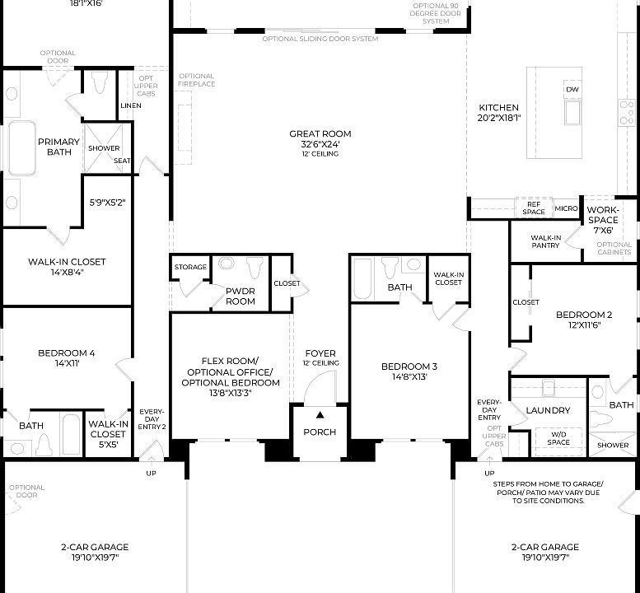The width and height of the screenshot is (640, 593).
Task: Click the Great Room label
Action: tap(320, 134)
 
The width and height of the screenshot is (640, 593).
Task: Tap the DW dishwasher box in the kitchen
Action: tap(572, 89)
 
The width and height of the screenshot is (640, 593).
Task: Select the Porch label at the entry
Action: tap(320, 432)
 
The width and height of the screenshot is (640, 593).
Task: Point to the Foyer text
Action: tap(320, 353)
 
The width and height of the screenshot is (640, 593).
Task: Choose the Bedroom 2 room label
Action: tap(584, 315)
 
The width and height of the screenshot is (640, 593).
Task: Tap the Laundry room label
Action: tap(548, 410)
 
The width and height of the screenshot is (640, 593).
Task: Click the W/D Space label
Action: tap(558, 438)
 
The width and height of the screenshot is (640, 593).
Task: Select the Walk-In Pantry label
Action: tap(545, 241)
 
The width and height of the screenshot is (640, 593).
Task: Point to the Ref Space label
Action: tap(533, 208)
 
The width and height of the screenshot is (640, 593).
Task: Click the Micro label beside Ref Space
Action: tap(565, 209)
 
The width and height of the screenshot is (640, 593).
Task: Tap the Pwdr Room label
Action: tap(240, 296)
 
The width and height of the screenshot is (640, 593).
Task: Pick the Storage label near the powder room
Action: tap(190, 267)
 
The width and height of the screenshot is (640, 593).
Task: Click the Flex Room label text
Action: tap(230, 361)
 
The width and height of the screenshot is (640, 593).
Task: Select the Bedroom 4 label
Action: tap(66, 353)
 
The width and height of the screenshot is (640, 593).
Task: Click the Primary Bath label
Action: tap(58, 147)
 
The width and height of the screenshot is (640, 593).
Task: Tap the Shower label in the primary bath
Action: tap(104, 149)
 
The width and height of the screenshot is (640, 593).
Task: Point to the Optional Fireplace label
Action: tap(196, 80)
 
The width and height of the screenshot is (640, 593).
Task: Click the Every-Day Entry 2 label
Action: tap(152, 418)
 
